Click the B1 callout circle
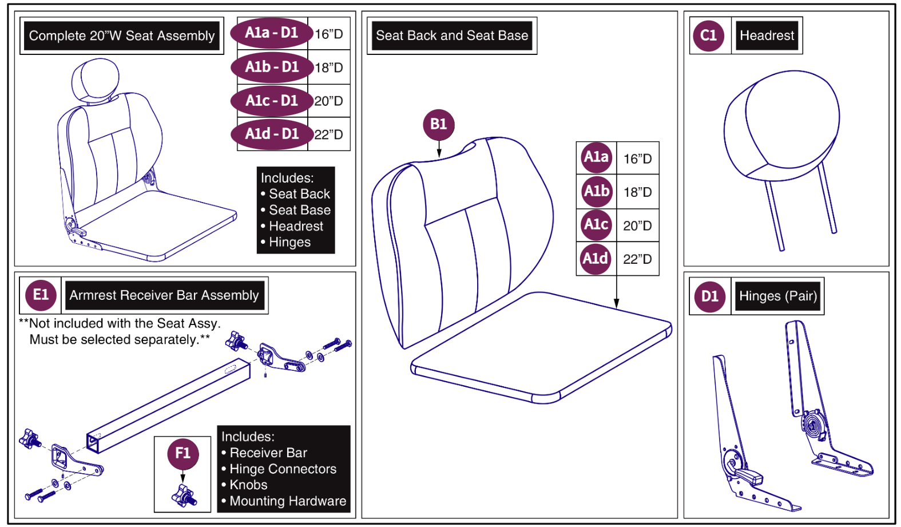coord(438,124)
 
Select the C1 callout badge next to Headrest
coord(708,35)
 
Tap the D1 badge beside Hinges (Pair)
coord(709,296)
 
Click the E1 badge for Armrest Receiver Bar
coord(41,295)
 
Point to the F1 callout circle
coord(182,453)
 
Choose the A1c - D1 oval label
coord(272,101)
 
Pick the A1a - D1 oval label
coord(272,33)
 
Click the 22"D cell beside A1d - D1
coord(329,135)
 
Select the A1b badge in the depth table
coord(596,191)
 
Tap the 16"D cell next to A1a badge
coord(637,159)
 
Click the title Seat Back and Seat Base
coord(451,35)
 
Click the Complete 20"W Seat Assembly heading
coord(121,36)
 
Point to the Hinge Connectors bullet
coord(283,469)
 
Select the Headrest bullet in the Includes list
coord(296,227)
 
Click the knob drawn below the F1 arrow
coord(184,496)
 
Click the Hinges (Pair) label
coord(777,296)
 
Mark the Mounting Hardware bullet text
coord(287,501)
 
